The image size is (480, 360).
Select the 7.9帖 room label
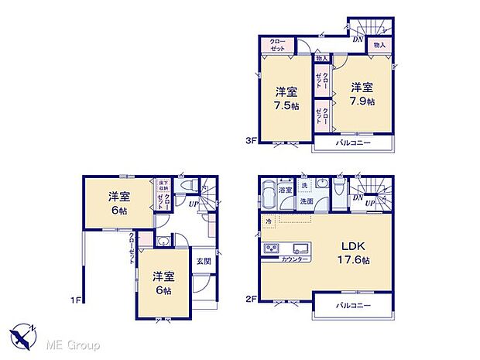pos(361,95)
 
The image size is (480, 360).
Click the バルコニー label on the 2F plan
pos(353,305)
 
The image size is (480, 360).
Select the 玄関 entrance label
pos(201,261)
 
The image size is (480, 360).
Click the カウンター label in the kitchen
pos(296,259)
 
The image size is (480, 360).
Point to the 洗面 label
pos(307,201)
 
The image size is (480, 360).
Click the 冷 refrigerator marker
pos(269,222)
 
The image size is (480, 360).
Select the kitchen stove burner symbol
pos(272,249)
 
